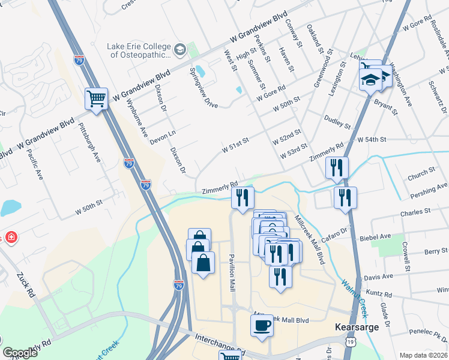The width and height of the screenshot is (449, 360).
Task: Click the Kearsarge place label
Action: [x=352, y=329]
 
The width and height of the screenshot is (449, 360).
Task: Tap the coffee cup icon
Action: [x=262, y=325]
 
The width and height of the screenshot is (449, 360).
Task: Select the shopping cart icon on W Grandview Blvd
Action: [x=97, y=98]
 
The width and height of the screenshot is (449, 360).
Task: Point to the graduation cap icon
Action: [x=370, y=79]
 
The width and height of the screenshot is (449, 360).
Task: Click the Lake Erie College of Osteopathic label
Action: [x=140, y=50]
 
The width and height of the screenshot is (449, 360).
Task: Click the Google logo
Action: [x=20, y=353]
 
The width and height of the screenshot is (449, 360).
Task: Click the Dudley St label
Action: [x=337, y=122]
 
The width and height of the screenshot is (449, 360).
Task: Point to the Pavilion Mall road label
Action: [x=231, y=273]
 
